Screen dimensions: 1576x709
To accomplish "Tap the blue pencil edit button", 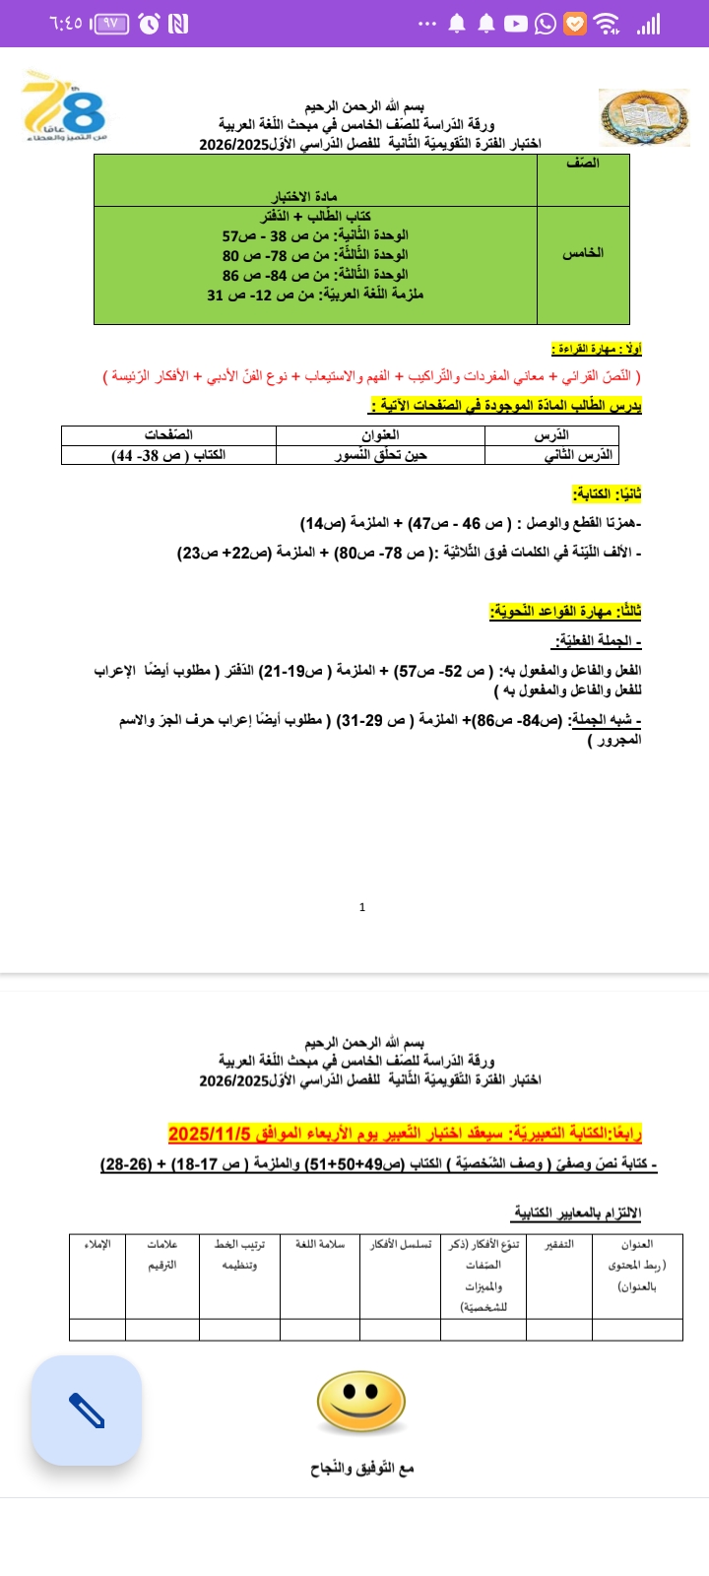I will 87,1411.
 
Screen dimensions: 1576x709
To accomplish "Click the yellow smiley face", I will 361,1402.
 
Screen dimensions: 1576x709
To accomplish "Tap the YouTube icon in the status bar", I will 516,24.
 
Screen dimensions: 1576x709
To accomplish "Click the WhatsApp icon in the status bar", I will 546,24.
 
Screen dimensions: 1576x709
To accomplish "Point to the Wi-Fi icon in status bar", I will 608,24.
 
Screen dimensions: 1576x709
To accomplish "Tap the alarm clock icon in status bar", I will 149,24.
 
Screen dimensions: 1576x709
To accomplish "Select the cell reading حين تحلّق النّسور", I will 380,455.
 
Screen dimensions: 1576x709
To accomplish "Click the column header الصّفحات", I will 168,434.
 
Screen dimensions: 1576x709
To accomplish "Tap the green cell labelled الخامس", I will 583,254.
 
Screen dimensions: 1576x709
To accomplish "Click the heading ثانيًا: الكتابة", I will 607,493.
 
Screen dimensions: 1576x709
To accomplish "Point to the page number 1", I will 362,907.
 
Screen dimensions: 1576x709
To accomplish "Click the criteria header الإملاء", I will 97,1244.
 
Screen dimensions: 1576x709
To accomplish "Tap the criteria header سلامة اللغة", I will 319,1244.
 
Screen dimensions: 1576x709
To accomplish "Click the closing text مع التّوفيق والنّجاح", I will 362,1468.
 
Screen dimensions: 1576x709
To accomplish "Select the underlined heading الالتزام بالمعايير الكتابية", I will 577,1213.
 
